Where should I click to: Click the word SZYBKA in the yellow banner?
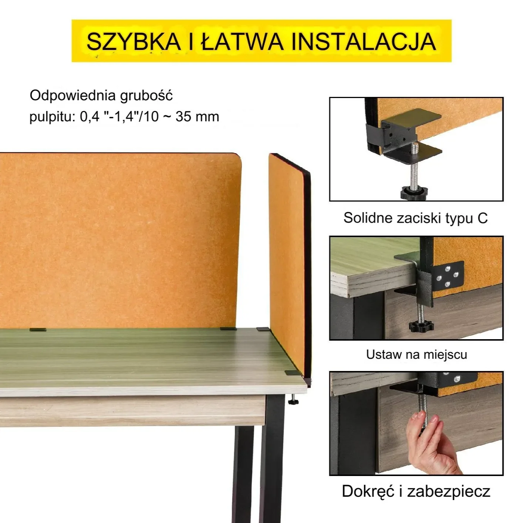coord(133,41)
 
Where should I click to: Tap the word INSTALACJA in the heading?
coord(364,41)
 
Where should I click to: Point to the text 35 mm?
coord(197,117)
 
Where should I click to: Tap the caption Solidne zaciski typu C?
coord(415,218)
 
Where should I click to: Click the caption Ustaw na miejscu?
coord(416,354)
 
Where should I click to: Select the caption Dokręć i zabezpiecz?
coord(416,491)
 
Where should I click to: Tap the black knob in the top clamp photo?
coord(414,193)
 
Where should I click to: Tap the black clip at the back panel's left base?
coord(38,330)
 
